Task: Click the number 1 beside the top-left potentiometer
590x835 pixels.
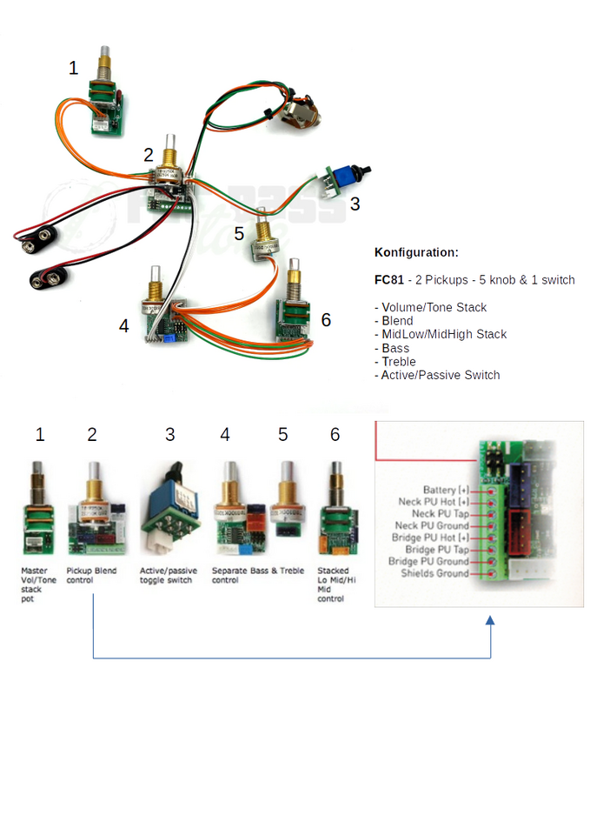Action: pos(74,68)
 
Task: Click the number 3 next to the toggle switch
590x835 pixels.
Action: pos(355,204)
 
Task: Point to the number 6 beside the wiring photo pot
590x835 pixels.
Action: pos(326,320)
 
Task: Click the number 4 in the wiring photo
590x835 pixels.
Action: pos(124,325)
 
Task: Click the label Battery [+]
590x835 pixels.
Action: pos(445,491)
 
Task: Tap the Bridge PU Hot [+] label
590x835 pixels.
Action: pos(436,538)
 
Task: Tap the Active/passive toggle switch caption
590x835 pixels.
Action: pos(169,576)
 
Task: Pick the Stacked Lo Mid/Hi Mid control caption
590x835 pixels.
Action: pos(334,584)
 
